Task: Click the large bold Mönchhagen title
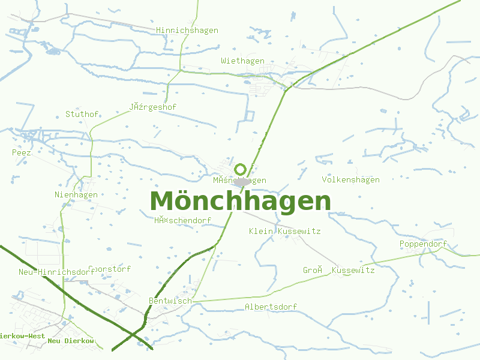click(x=240, y=201)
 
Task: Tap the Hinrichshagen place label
click(x=187, y=30)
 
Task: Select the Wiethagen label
click(x=242, y=61)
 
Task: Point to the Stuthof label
click(x=82, y=113)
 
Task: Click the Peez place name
click(x=22, y=152)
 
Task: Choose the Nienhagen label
click(x=76, y=194)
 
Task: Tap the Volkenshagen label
click(x=350, y=179)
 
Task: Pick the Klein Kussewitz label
click(x=284, y=231)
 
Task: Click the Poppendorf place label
click(x=423, y=244)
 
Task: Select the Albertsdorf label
click(x=271, y=307)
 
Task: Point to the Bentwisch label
click(x=170, y=300)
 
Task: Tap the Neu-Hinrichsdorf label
click(x=56, y=272)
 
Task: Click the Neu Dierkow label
click(x=71, y=341)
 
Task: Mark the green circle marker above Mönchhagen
click(x=241, y=169)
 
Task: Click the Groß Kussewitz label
click(x=338, y=271)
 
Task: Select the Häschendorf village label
click(x=182, y=220)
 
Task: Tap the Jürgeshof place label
click(x=152, y=107)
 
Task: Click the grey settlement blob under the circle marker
click(x=242, y=181)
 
